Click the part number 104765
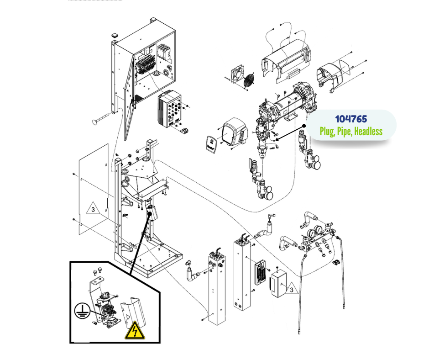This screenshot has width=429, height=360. click(351, 119)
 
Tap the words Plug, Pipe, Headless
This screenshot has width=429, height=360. click(351, 132)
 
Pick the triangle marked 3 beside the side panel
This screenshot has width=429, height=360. click(92, 210)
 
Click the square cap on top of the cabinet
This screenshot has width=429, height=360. click(115, 35)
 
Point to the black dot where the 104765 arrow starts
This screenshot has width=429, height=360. click(303, 125)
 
